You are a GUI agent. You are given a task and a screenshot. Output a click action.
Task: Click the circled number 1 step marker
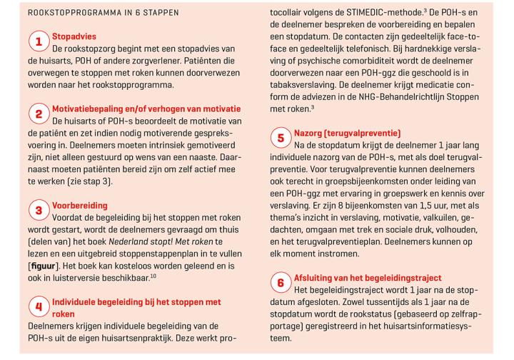pyautogui.click(x=39, y=41)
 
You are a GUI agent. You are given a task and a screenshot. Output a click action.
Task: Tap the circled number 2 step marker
pyautogui.click(x=39, y=114)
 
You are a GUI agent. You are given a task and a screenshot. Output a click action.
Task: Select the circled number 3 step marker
pyautogui.click(x=39, y=210)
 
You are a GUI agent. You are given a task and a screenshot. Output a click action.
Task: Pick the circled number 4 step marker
pyautogui.click(x=39, y=306)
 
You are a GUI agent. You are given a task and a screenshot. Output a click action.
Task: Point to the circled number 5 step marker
pyautogui.click(x=281, y=138)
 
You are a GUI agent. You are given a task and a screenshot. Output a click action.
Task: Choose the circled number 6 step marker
pyautogui.click(x=281, y=283)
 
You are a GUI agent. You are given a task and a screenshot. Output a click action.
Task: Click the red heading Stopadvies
pyautogui.click(x=74, y=36)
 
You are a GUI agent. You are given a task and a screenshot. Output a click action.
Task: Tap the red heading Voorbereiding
pyautogui.click(x=79, y=205)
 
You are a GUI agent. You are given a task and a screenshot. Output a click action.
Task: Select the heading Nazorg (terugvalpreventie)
pyautogui.click(x=347, y=133)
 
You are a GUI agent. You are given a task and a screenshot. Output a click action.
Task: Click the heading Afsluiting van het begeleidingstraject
pyautogui.click(x=368, y=278)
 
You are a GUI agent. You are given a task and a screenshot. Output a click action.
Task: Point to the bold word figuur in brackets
pyautogui.click(x=45, y=266)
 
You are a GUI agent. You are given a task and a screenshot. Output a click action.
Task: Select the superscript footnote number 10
pyautogui.click(x=153, y=276)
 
